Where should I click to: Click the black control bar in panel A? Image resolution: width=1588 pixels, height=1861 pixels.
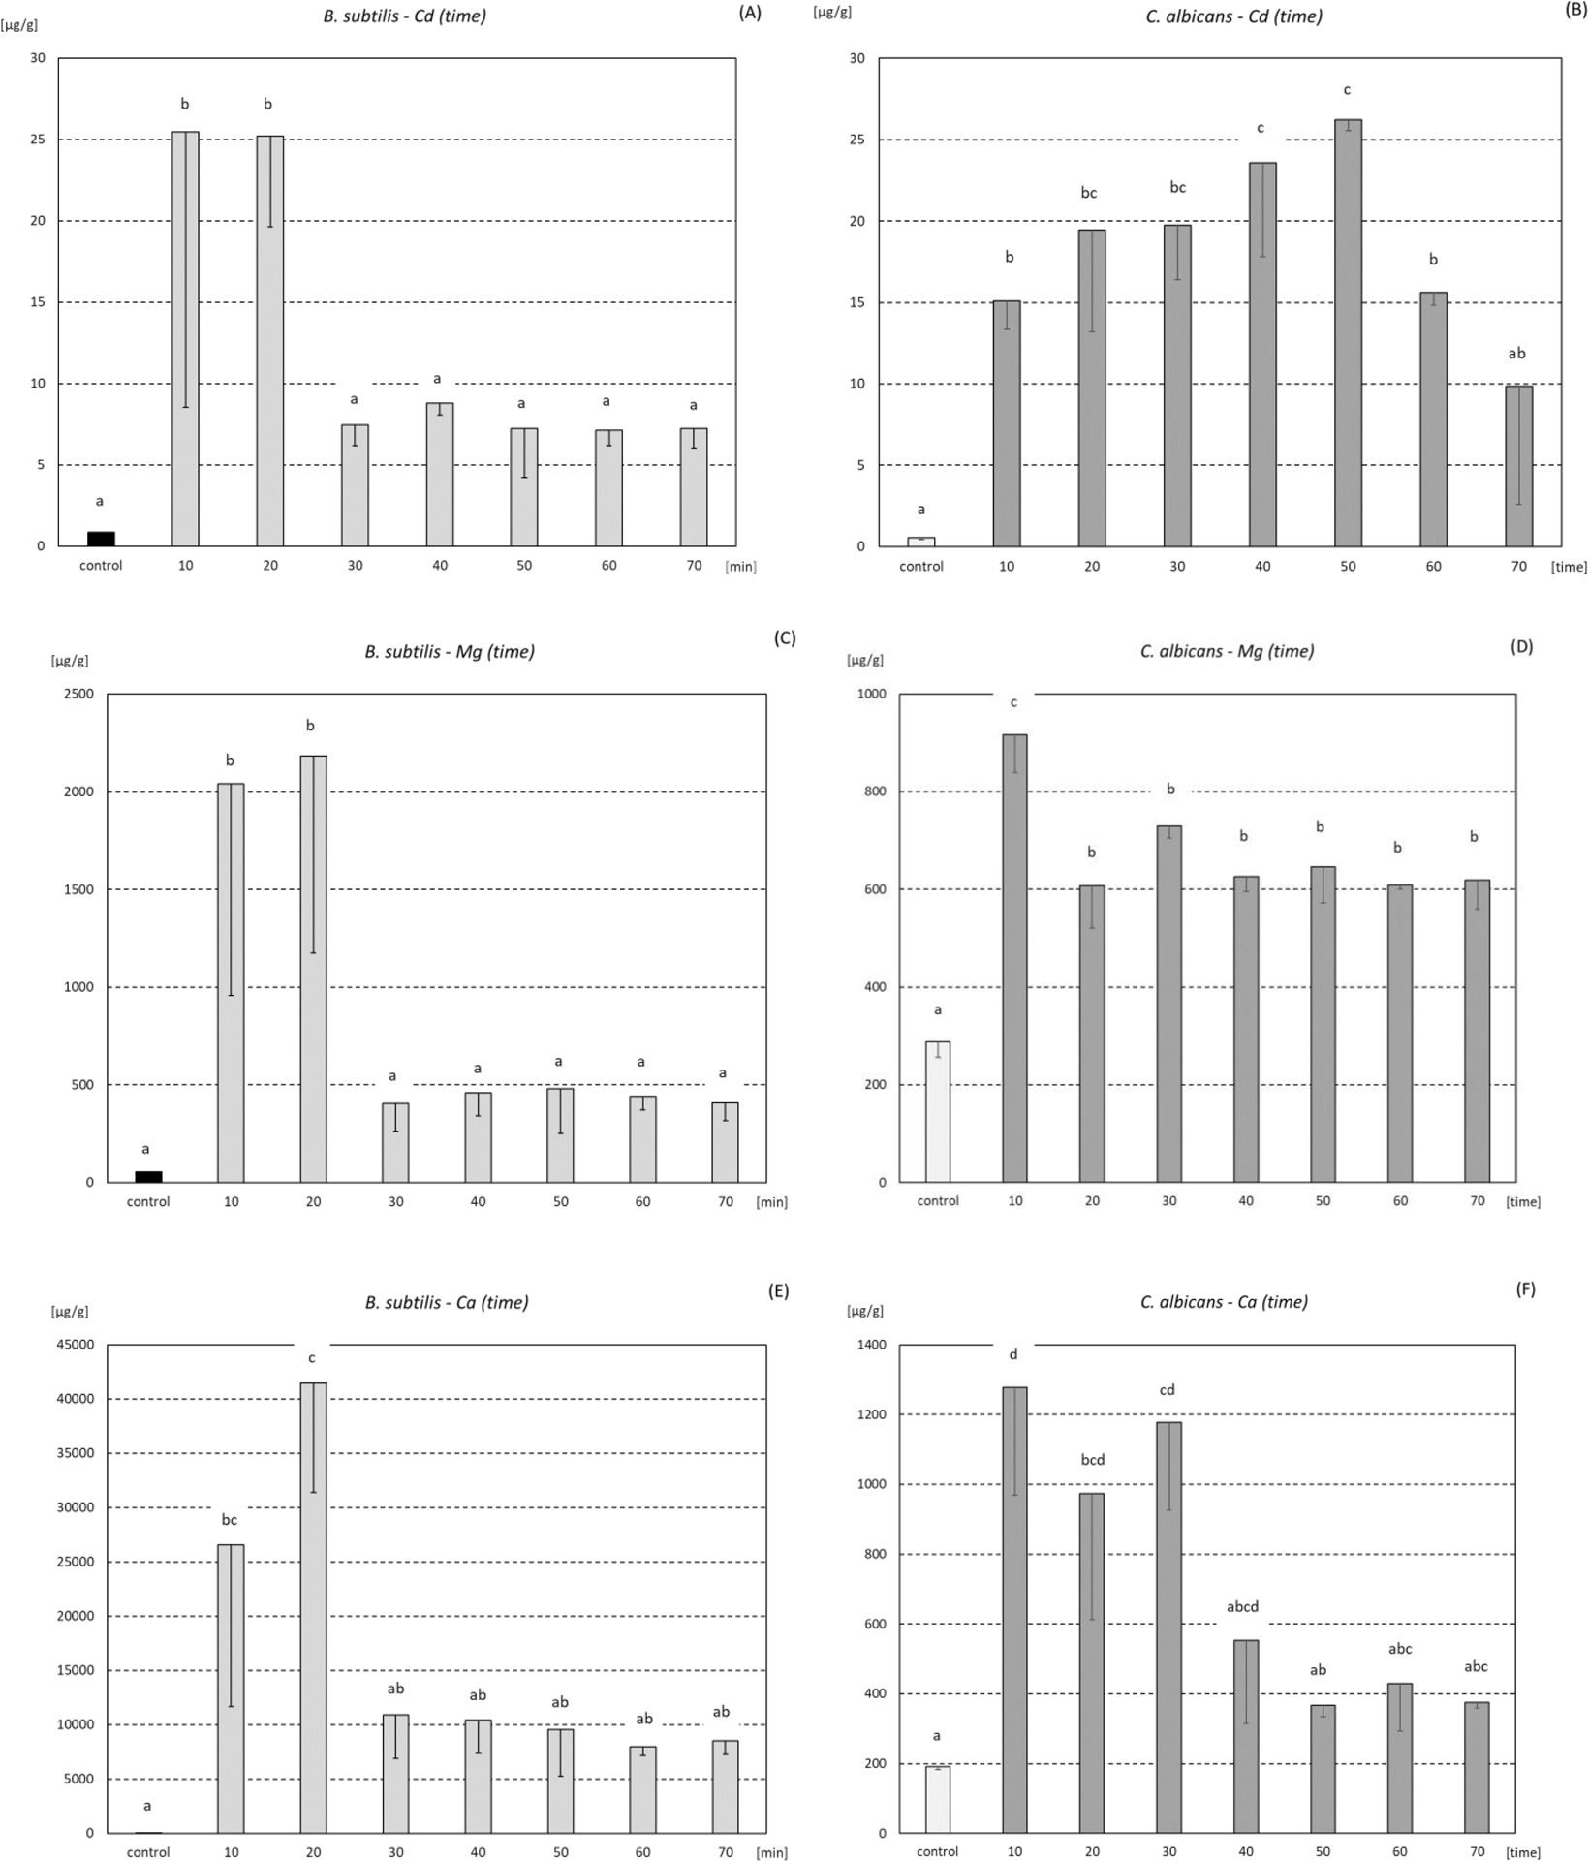point(101,539)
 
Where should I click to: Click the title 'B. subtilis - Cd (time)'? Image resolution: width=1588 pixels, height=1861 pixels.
point(404,16)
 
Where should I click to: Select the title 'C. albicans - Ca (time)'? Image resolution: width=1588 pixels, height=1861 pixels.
point(1224,1302)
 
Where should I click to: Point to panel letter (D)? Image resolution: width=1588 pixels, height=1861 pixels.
point(1521,646)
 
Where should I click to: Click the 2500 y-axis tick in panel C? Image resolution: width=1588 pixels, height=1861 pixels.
point(78,694)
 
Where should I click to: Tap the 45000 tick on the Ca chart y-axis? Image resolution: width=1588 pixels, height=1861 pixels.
point(75,1345)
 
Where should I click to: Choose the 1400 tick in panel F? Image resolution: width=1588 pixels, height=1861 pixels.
point(870,1345)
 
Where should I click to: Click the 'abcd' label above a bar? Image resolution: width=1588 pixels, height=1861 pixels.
point(1242,1606)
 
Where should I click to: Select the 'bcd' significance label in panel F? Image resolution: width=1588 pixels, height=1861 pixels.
point(1092,1459)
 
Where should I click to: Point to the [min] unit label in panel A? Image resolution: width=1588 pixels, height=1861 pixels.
point(740,567)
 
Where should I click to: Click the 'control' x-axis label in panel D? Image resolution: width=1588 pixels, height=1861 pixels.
point(937,1200)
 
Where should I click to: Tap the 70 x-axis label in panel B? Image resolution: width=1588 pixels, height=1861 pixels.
point(1517,566)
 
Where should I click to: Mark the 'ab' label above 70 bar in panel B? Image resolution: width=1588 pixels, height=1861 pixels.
point(1516,354)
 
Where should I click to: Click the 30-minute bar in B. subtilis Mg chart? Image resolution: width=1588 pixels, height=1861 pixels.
point(395,1142)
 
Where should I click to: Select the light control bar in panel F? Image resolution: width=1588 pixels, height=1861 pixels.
point(937,1799)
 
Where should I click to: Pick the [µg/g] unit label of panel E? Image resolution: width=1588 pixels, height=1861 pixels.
point(70,1312)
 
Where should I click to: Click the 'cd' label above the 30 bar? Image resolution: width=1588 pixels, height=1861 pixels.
point(1167,1389)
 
